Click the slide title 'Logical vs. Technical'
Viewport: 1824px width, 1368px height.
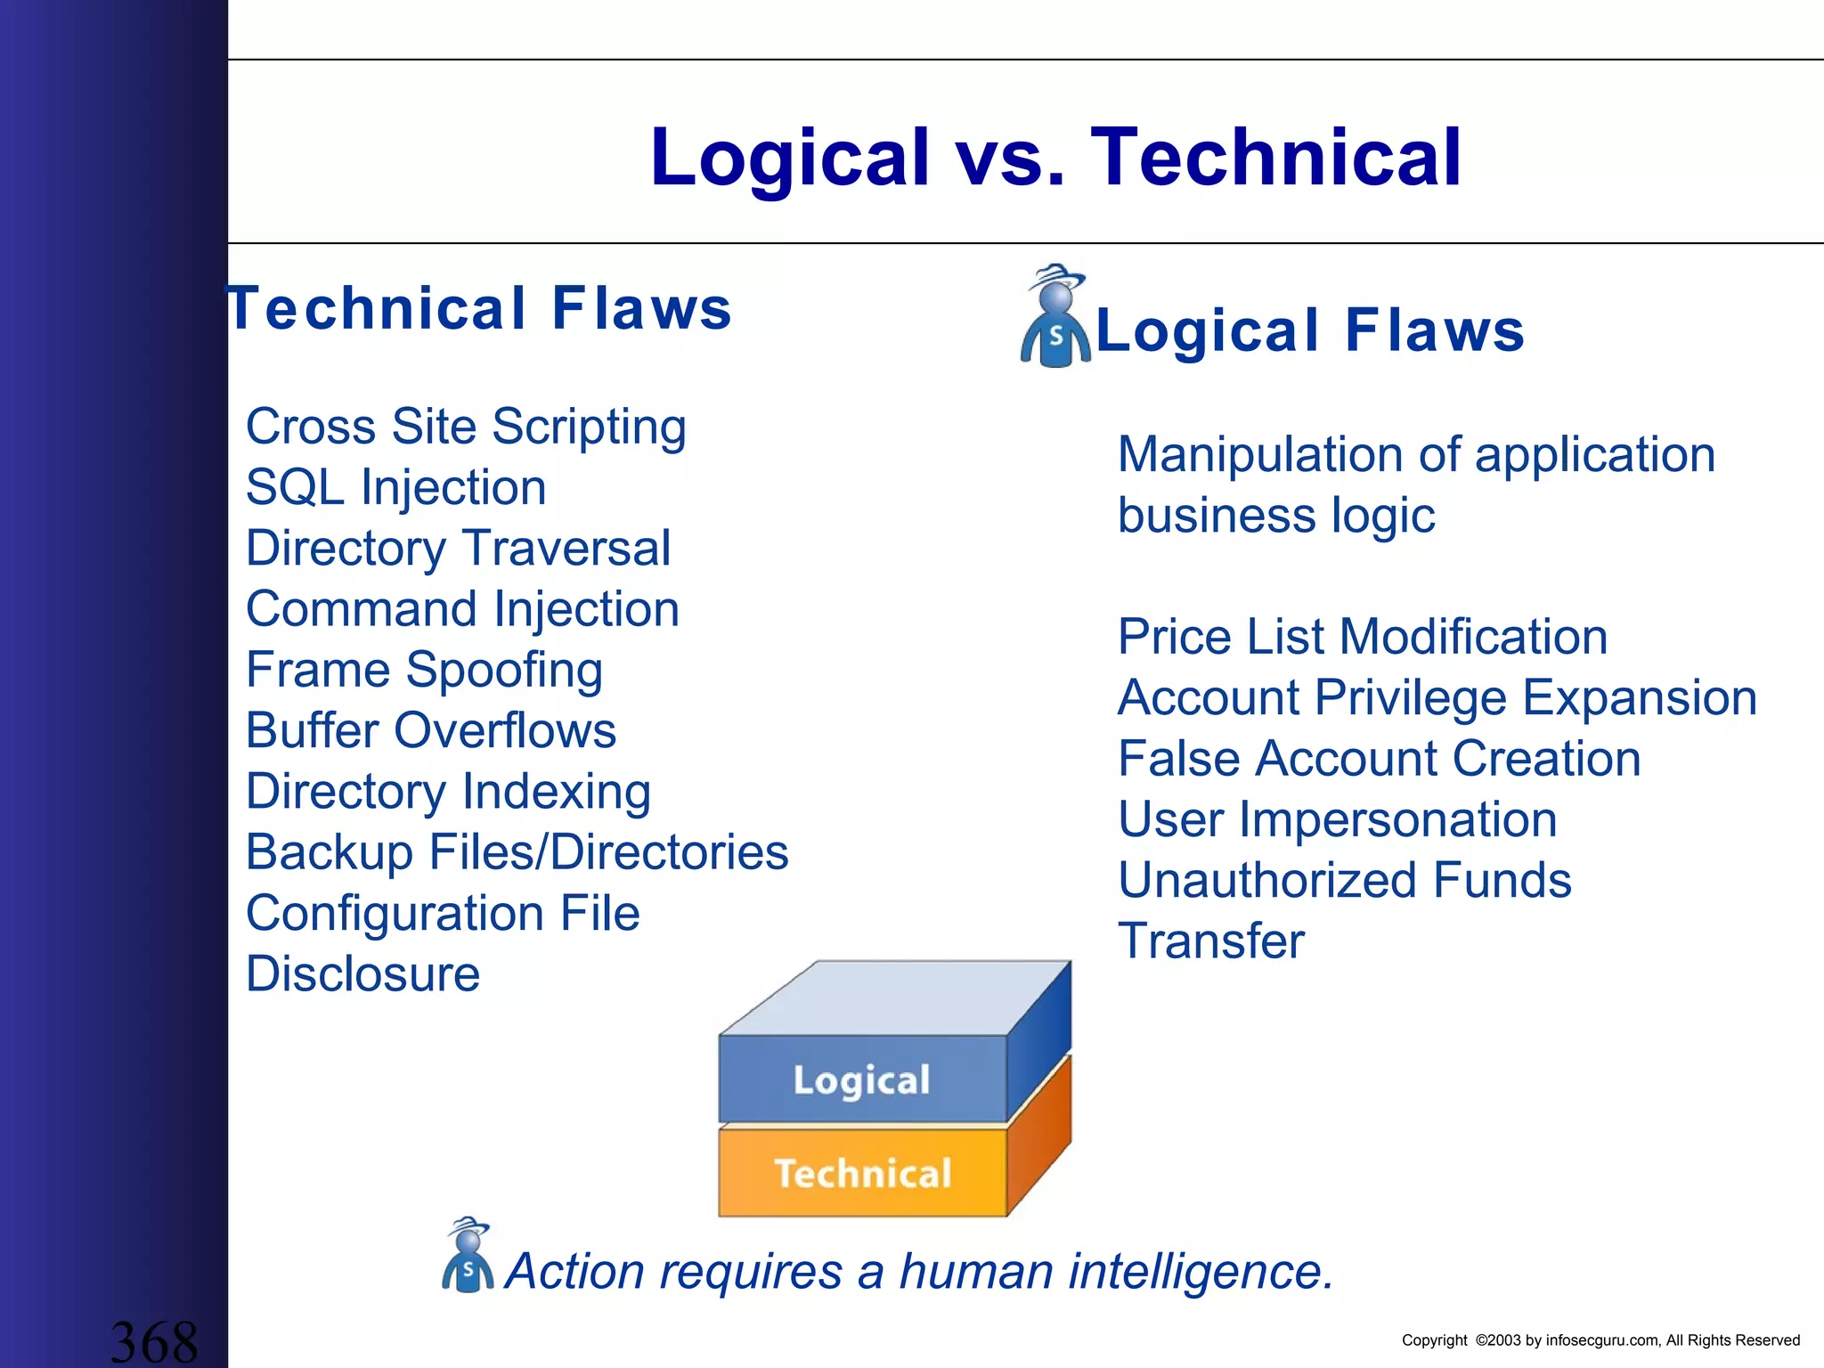pos(1055,157)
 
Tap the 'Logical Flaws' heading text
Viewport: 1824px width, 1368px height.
pos(1309,330)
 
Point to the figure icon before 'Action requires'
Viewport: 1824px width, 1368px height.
pos(468,1256)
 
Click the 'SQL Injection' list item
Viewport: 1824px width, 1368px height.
pos(395,488)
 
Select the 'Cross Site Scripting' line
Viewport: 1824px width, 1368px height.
pos(466,427)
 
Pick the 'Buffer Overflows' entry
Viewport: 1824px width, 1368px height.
pos(431,731)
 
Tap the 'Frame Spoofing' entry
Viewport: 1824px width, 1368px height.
pos(424,670)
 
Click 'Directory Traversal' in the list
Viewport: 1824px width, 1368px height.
pos(458,549)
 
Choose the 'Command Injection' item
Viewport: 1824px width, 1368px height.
pos(462,609)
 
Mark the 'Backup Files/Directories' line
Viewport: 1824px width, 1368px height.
pos(517,852)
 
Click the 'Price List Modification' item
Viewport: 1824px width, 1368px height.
pos(1362,638)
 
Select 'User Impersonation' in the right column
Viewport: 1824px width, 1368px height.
pos(1337,819)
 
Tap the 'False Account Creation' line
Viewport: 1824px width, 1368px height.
pos(1379,759)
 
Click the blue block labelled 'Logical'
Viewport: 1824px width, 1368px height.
pos(861,1079)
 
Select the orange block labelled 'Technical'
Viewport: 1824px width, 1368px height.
pos(861,1173)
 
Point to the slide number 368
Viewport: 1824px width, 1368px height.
pos(153,1341)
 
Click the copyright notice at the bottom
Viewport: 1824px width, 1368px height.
pos(1600,1340)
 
